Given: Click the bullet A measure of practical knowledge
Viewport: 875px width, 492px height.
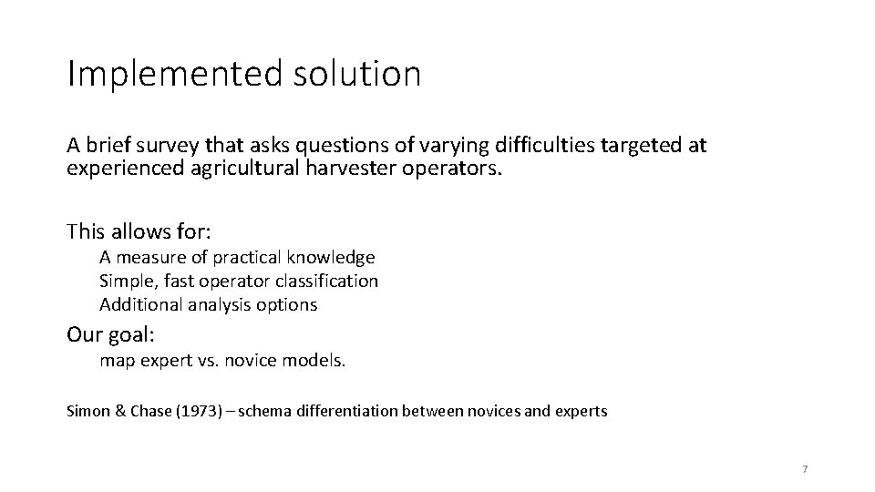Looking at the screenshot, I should [237, 258].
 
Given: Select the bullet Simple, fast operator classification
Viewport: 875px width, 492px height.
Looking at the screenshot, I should [239, 282].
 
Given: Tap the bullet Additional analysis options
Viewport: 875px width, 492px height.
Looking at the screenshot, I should [208, 305].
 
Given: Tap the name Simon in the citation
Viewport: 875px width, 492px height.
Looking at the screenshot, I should [87, 411].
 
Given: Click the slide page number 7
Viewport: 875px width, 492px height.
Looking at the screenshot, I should [805, 469].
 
